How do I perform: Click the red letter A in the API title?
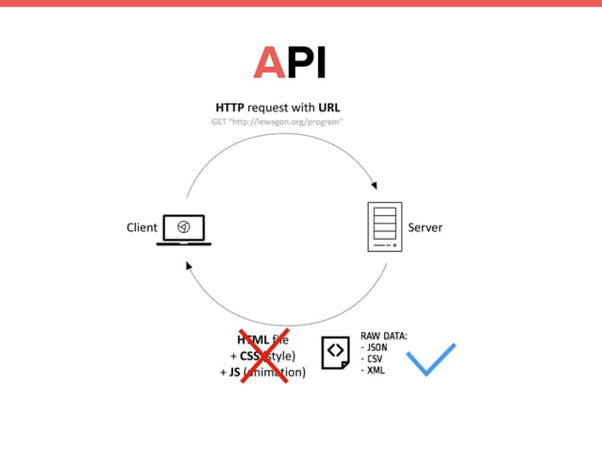click(269, 62)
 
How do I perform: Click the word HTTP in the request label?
click(230, 108)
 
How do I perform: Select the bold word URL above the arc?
click(328, 108)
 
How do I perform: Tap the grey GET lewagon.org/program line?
click(276, 122)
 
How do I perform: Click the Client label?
click(142, 227)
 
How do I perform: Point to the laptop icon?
click(184, 229)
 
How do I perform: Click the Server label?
click(425, 227)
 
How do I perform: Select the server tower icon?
click(384, 226)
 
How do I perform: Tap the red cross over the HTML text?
click(263, 356)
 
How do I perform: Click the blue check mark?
click(430, 359)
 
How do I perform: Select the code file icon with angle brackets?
click(335, 352)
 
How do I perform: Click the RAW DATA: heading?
click(383, 336)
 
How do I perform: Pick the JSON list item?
click(376, 347)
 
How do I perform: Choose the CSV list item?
click(374, 360)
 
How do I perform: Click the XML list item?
click(374, 371)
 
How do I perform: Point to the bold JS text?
click(234, 372)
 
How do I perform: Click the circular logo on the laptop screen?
click(184, 226)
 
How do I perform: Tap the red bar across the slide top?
click(301, 3)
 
